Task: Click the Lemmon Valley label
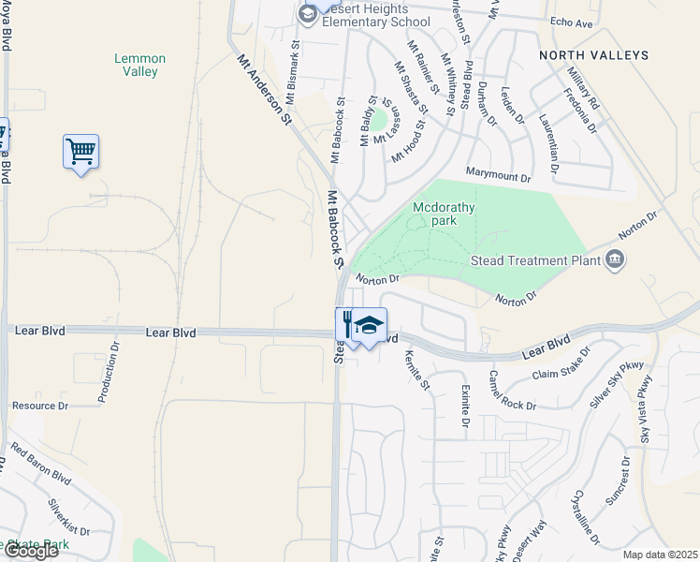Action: pos(139,65)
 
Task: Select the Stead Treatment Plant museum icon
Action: pos(615,259)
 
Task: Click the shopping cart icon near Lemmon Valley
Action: pos(81,152)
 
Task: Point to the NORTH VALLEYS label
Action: pos(593,56)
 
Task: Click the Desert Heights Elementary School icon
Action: pos(308,14)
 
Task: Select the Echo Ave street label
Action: pos(572,22)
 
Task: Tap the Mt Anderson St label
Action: pos(265,90)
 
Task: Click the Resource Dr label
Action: pos(39,406)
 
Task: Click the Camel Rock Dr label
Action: pos(511,392)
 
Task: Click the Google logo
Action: pos(31,551)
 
